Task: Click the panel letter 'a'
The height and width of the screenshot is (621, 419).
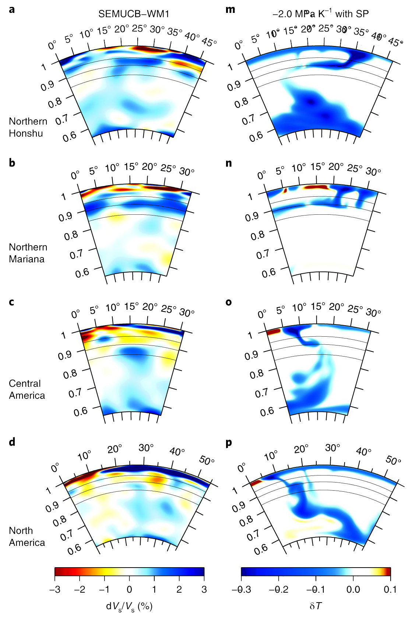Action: pos(12,10)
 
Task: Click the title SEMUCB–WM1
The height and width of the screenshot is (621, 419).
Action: pos(133,14)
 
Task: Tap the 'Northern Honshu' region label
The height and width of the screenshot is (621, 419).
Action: pos(28,127)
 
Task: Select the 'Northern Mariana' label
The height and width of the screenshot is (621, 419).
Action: pos(28,253)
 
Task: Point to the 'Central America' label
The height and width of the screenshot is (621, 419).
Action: pos(27,389)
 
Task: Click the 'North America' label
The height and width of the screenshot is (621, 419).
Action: pos(27,536)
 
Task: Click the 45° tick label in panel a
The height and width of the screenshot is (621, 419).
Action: pos(209,42)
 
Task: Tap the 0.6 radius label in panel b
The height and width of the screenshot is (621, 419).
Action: pos(82,273)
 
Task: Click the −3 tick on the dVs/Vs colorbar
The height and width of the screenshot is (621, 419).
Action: pos(54,589)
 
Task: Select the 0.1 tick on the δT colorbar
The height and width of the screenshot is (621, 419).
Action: pos(390,589)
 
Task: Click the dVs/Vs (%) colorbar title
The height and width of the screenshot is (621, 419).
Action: pos(129,606)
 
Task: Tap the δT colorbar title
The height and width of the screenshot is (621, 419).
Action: pos(316,606)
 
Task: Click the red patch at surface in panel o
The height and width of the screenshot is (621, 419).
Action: pos(273,331)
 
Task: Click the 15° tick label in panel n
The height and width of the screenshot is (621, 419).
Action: pos(317,167)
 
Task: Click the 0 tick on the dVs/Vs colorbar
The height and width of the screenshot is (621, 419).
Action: pos(129,589)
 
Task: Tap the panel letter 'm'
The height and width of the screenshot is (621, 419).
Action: pos(230,10)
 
